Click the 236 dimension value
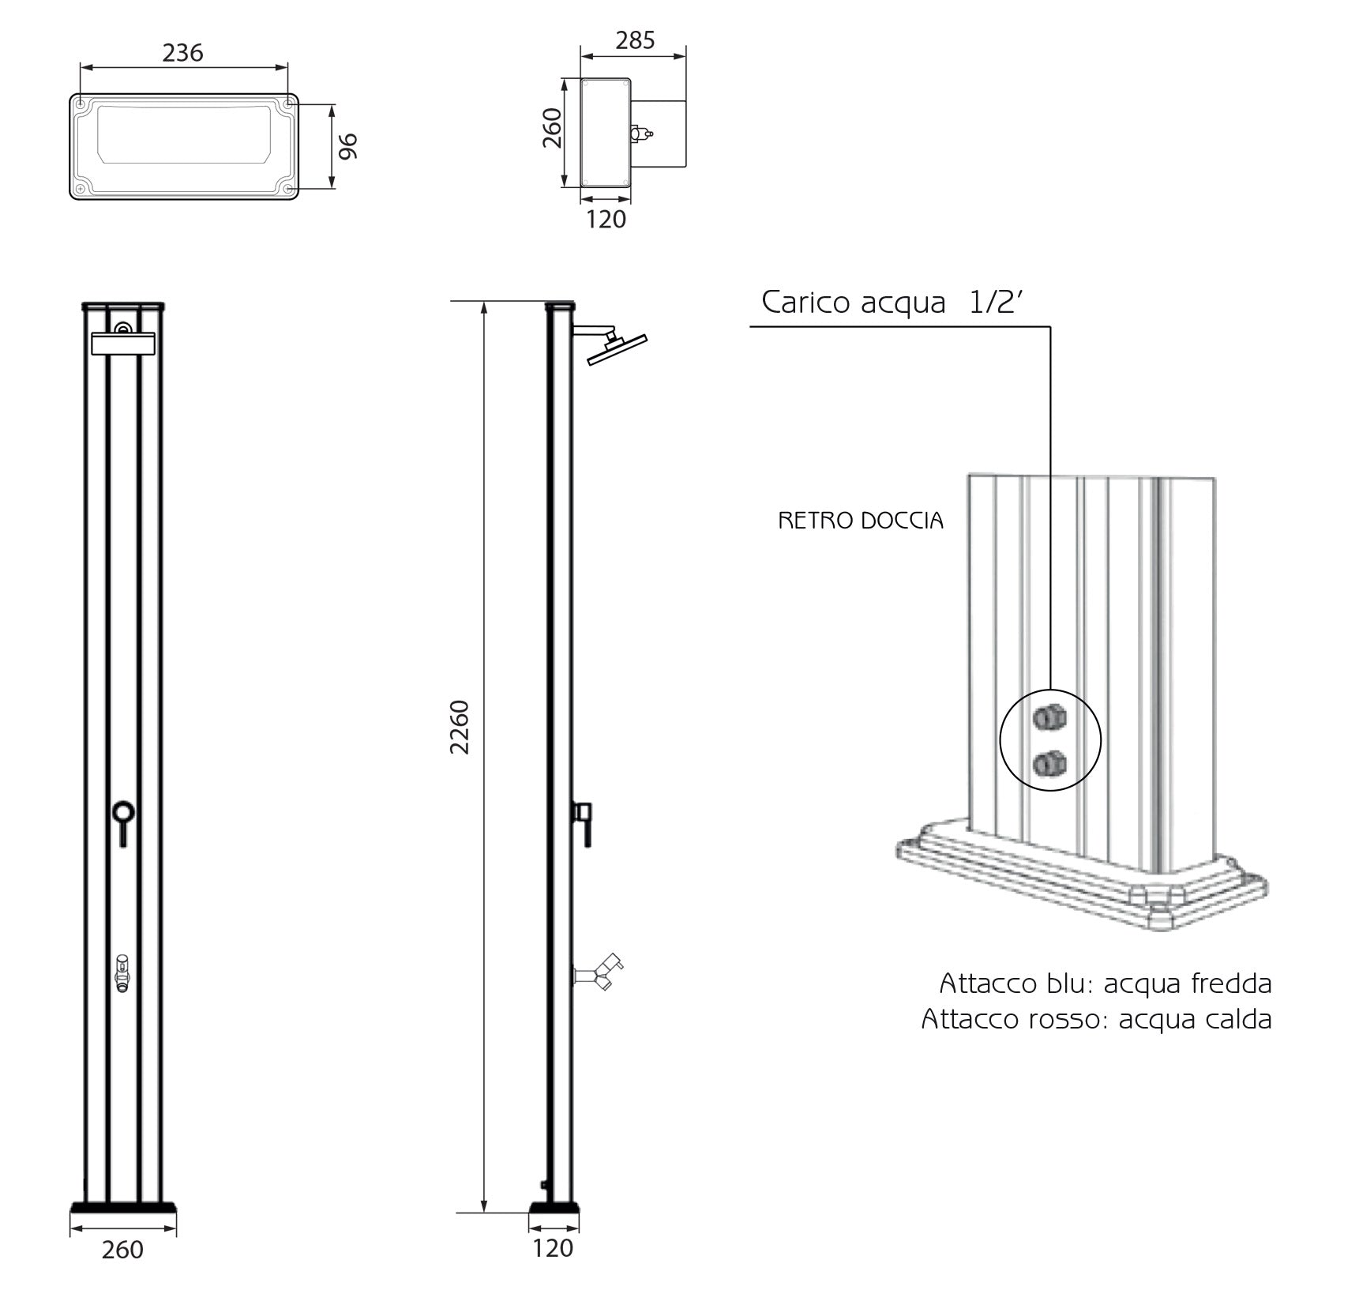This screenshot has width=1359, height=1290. click(x=182, y=53)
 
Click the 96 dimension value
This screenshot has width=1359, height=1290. click(x=348, y=146)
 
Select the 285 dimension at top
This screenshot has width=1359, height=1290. click(x=635, y=40)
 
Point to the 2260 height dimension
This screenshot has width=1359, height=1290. click(x=460, y=727)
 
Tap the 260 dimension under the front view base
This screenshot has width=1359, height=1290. click(x=122, y=1249)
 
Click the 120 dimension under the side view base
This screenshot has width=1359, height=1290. click(x=552, y=1247)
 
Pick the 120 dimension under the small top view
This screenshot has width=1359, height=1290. click(x=606, y=219)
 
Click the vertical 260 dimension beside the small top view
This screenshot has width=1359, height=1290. click(x=552, y=128)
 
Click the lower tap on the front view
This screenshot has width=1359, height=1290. click(x=122, y=972)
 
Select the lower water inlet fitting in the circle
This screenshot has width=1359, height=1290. click(x=1050, y=764)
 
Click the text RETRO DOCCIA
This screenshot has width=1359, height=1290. click(x=861, y=521)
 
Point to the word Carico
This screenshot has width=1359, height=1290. click(x=805, y=303)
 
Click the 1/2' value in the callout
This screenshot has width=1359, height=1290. click(x=996, y=302)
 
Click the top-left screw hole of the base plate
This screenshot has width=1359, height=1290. click(x=81, y=103)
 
